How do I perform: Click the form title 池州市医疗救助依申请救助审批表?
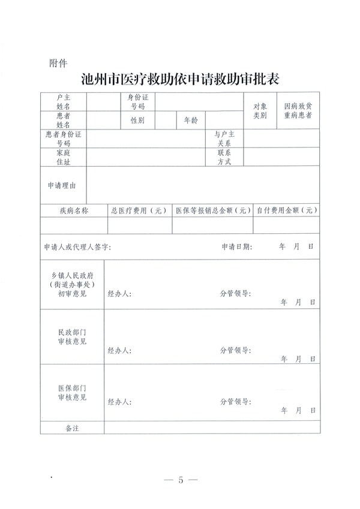[180, 80]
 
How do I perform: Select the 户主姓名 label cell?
[64, 101]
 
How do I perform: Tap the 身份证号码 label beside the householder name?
[138, 101]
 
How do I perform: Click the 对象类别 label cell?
[259, 110]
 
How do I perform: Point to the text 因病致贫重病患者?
[298, 110]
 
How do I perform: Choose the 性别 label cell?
[138, 121]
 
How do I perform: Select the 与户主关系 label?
[224, 139]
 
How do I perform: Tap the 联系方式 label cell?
[224, 157]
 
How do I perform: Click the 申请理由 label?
[62, 186]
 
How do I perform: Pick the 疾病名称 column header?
[74, 210]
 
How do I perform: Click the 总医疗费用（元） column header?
[139, 210]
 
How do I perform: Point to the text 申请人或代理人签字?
[77, 247]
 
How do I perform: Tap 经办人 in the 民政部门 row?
[119, 351]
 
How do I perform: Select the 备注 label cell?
[72, 428]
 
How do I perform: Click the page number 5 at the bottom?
[180, 480]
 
